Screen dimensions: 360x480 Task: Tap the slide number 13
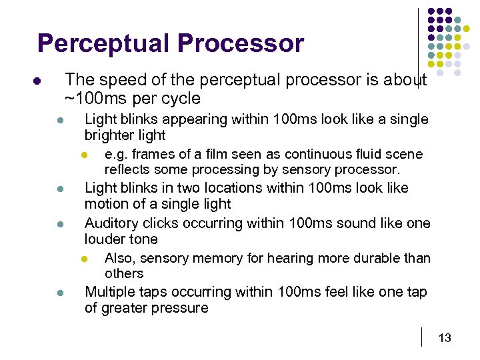(444, 338)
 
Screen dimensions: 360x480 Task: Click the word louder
(103, 239)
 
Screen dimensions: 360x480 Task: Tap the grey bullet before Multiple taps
(59, 293)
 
